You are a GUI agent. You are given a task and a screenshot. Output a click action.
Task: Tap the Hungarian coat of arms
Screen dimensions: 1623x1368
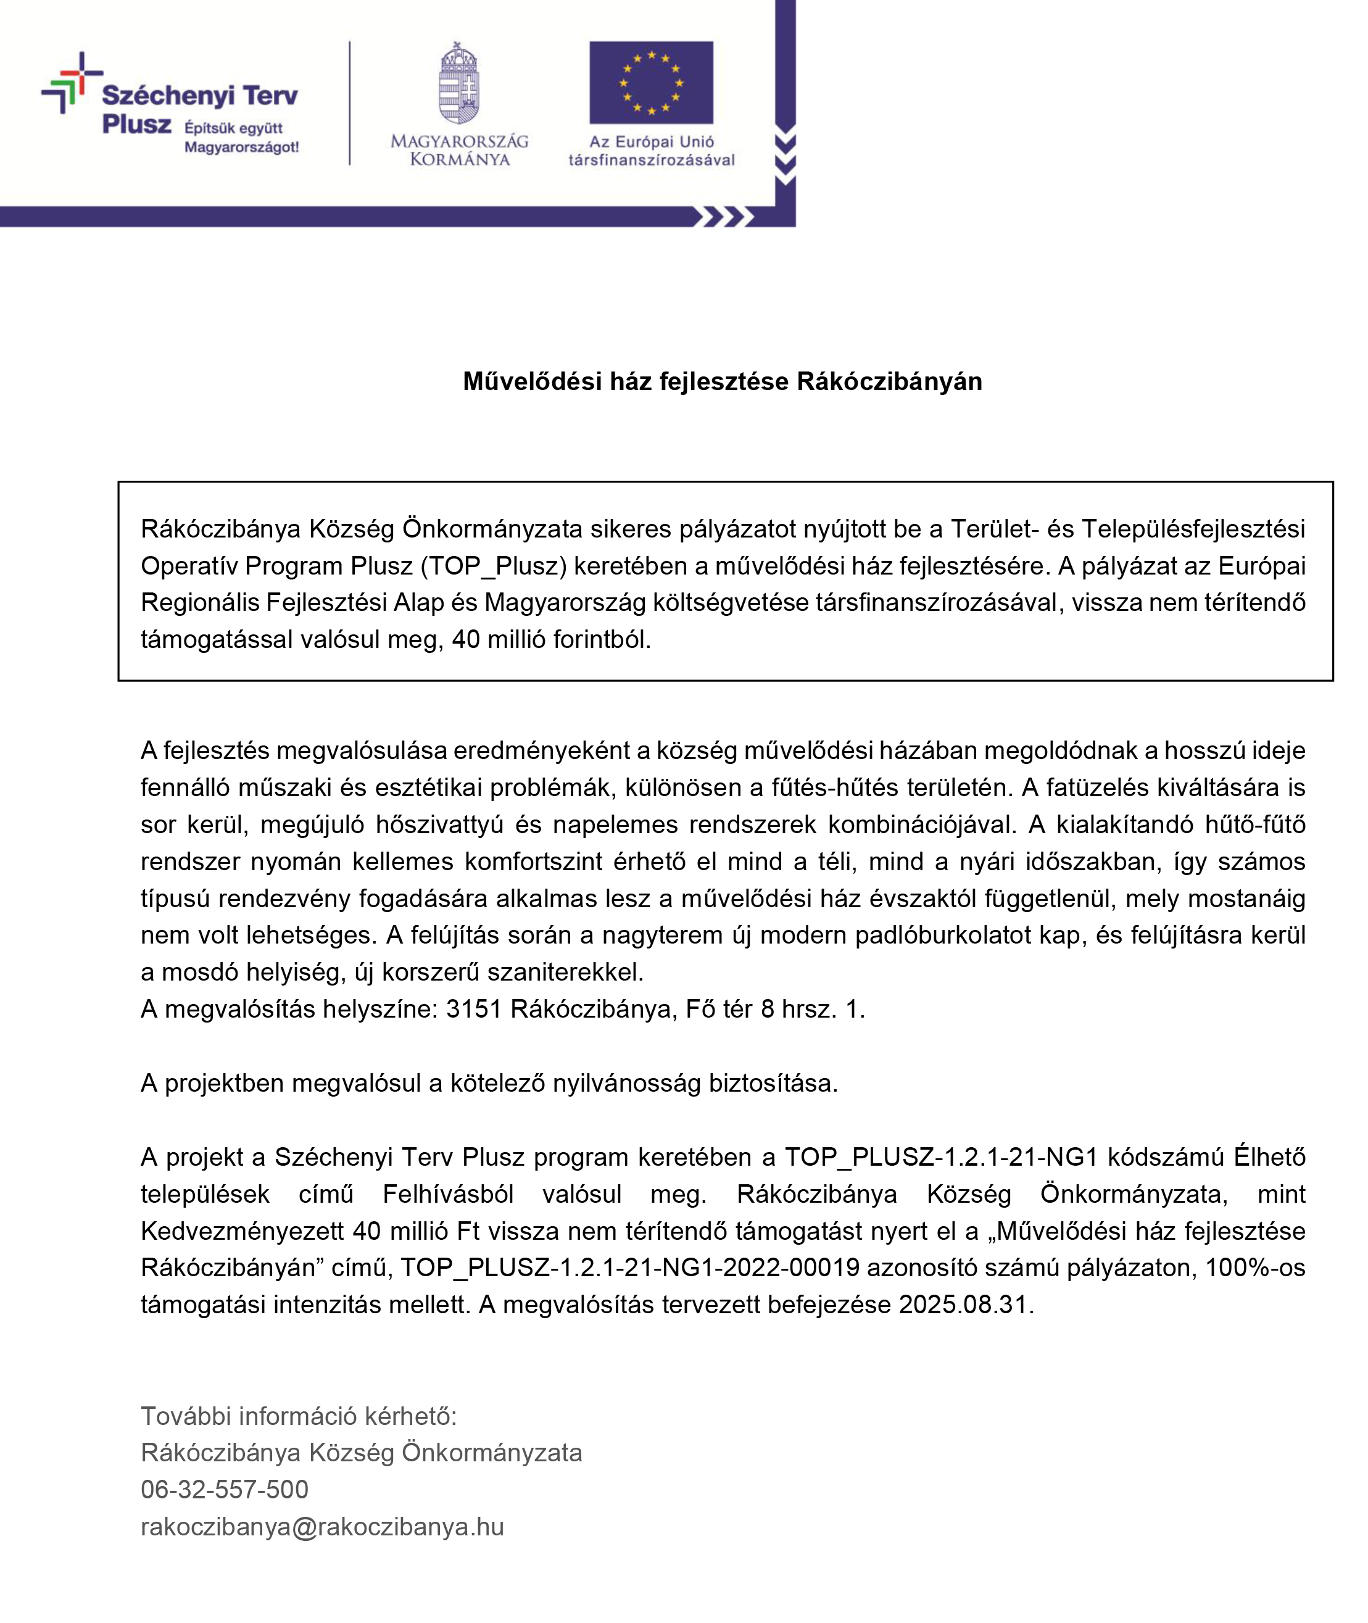[459, 84]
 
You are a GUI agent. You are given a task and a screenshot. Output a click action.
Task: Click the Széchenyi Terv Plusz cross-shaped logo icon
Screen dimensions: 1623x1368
[72, 83]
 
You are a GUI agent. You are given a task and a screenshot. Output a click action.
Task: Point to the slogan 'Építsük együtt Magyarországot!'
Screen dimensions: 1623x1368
[241, 137]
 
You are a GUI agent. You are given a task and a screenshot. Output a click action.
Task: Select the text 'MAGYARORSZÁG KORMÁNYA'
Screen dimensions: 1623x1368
[459, 151]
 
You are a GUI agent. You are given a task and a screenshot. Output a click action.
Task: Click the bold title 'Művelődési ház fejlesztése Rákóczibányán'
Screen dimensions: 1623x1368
[722, 381]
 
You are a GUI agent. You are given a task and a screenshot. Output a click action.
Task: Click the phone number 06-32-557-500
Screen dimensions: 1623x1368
[224, 1489]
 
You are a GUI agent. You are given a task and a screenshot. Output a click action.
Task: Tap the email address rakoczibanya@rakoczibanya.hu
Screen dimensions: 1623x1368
[322, 1526]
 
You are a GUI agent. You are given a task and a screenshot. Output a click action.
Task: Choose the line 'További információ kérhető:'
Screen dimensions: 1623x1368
[299, 1416]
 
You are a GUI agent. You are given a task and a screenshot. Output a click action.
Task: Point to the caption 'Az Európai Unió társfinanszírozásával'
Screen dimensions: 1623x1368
[652, 151]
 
